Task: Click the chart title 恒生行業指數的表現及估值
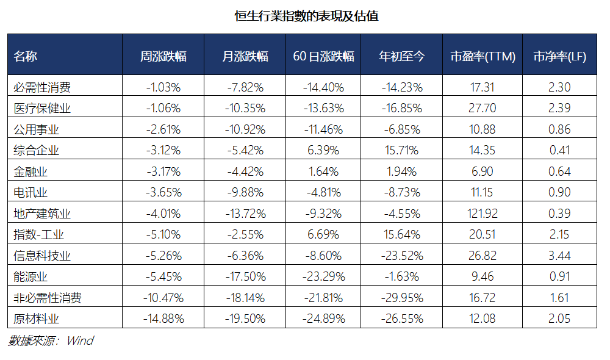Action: pos(307,16)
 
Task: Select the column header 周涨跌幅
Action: pos(163,56)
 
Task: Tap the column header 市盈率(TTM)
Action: pos(483,56)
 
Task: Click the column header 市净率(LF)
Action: pos(559,56)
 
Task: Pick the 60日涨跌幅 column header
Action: pos(323,56)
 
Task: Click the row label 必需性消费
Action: pos(42,87)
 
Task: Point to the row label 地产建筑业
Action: pos(42,214)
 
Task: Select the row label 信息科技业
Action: pos(42,256)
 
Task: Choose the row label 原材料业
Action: pos(36,319)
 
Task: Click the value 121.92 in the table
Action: pos(483,214)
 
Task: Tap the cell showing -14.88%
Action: pos(163,319)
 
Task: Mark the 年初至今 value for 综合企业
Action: pos(401,150)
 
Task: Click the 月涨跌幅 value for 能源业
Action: pos(245,277)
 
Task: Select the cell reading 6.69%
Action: pos(323,235)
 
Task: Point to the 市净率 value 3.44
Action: pos(559,256)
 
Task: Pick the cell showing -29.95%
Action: pos(402,298)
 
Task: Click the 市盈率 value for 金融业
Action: pos(483,171)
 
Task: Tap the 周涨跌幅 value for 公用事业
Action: pos(163,129)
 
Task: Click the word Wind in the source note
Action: pos(80,340)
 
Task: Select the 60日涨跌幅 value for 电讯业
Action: pos(324,192)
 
